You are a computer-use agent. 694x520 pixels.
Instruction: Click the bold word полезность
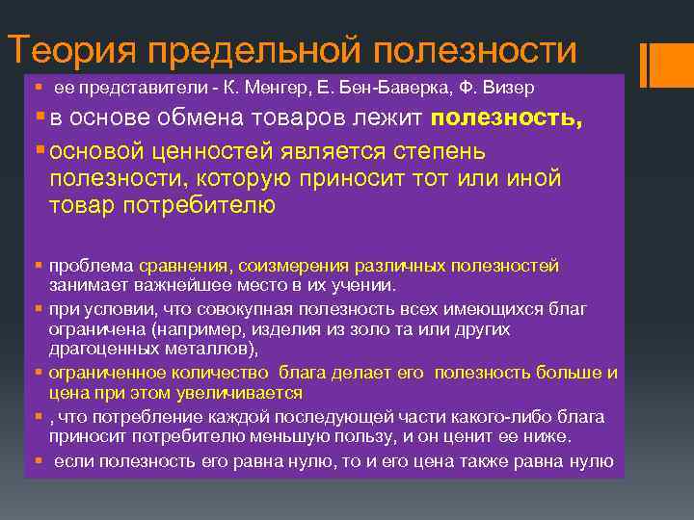point(507,119)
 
